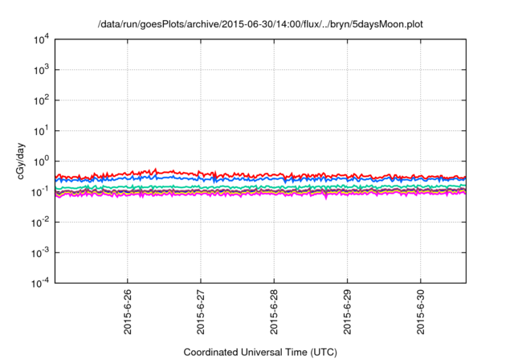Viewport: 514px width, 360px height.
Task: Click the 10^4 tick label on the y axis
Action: (x=40, y=39)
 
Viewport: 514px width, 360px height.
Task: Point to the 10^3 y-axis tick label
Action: (x=40, y=69)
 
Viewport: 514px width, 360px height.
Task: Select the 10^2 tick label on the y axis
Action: (x=40, y=100)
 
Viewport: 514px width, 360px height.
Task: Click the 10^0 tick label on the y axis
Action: (x=40, y=161)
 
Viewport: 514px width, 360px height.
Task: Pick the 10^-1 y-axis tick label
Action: (x=40, y=191)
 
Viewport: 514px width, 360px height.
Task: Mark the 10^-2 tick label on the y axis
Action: (x=40, y=222)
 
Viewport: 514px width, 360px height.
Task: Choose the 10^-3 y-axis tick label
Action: (x=40, y=252)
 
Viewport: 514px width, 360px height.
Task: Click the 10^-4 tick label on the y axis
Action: (x=40, y=283)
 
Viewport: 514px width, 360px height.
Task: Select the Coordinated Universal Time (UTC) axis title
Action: (x=260, y=352)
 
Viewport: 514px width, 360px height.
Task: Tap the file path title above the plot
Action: (x=260, y=25)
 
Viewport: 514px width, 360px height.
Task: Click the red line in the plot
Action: (x=241, y=174)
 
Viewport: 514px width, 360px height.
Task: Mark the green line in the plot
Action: (x=241, y=186)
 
